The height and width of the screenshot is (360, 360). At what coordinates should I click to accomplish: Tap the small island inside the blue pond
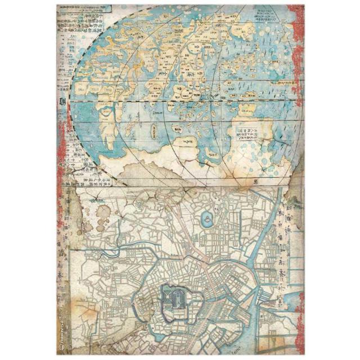[206, 217]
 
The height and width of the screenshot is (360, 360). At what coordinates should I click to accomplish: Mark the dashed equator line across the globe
[186, 101]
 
